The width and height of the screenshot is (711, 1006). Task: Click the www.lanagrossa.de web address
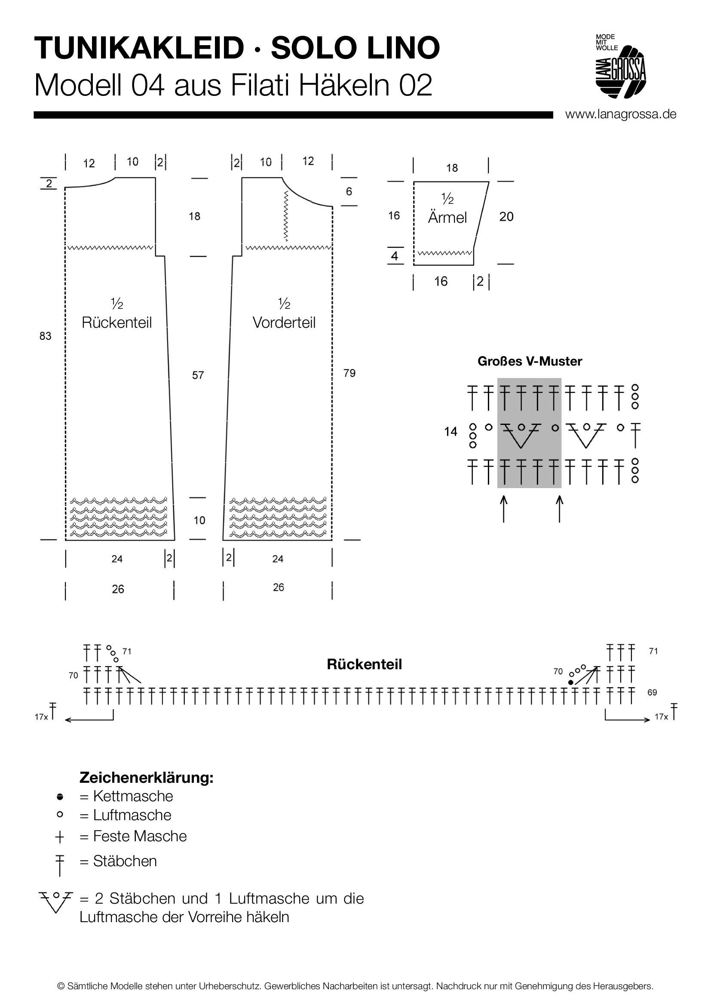620,114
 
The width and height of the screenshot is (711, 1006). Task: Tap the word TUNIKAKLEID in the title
139,48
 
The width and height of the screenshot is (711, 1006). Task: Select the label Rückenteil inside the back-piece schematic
116,323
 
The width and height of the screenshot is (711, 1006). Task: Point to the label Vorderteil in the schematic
284,323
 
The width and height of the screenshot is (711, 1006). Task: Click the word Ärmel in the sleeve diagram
447,217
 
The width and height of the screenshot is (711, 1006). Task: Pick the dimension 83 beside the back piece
45,336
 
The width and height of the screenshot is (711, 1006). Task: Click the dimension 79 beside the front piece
349,373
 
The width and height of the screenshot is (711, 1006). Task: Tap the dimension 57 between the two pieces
198,375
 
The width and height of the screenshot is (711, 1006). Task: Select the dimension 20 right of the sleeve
506,216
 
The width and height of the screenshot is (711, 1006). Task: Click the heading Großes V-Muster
529,361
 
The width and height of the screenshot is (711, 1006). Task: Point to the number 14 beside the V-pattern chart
451,432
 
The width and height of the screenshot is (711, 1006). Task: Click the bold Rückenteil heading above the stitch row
364,664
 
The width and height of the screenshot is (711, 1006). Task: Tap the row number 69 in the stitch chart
653,692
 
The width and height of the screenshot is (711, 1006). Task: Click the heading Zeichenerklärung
146,778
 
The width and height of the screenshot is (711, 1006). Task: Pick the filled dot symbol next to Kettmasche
60,797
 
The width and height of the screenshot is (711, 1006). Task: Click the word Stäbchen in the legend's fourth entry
125,861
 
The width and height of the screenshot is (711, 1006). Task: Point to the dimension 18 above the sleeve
452,168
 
